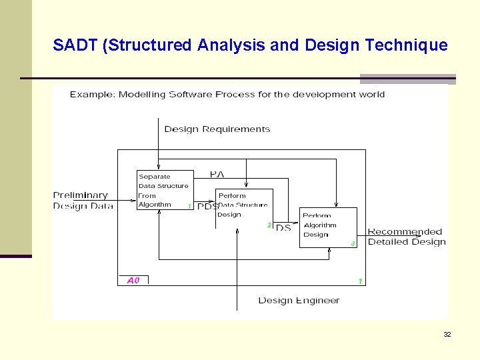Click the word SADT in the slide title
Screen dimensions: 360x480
75,45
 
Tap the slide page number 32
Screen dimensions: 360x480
447,334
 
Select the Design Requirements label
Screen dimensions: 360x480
217,129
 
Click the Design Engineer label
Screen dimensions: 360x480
299,301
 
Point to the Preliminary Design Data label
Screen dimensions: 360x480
82,201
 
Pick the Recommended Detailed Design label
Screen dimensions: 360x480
406,237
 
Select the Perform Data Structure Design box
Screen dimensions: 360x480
243,205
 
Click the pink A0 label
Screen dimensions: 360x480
133,281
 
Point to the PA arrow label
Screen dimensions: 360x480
217,174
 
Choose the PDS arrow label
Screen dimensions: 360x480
207,207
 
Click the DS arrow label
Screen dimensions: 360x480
283,228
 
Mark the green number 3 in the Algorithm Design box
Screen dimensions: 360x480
353,243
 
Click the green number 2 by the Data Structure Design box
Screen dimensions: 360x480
269,225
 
